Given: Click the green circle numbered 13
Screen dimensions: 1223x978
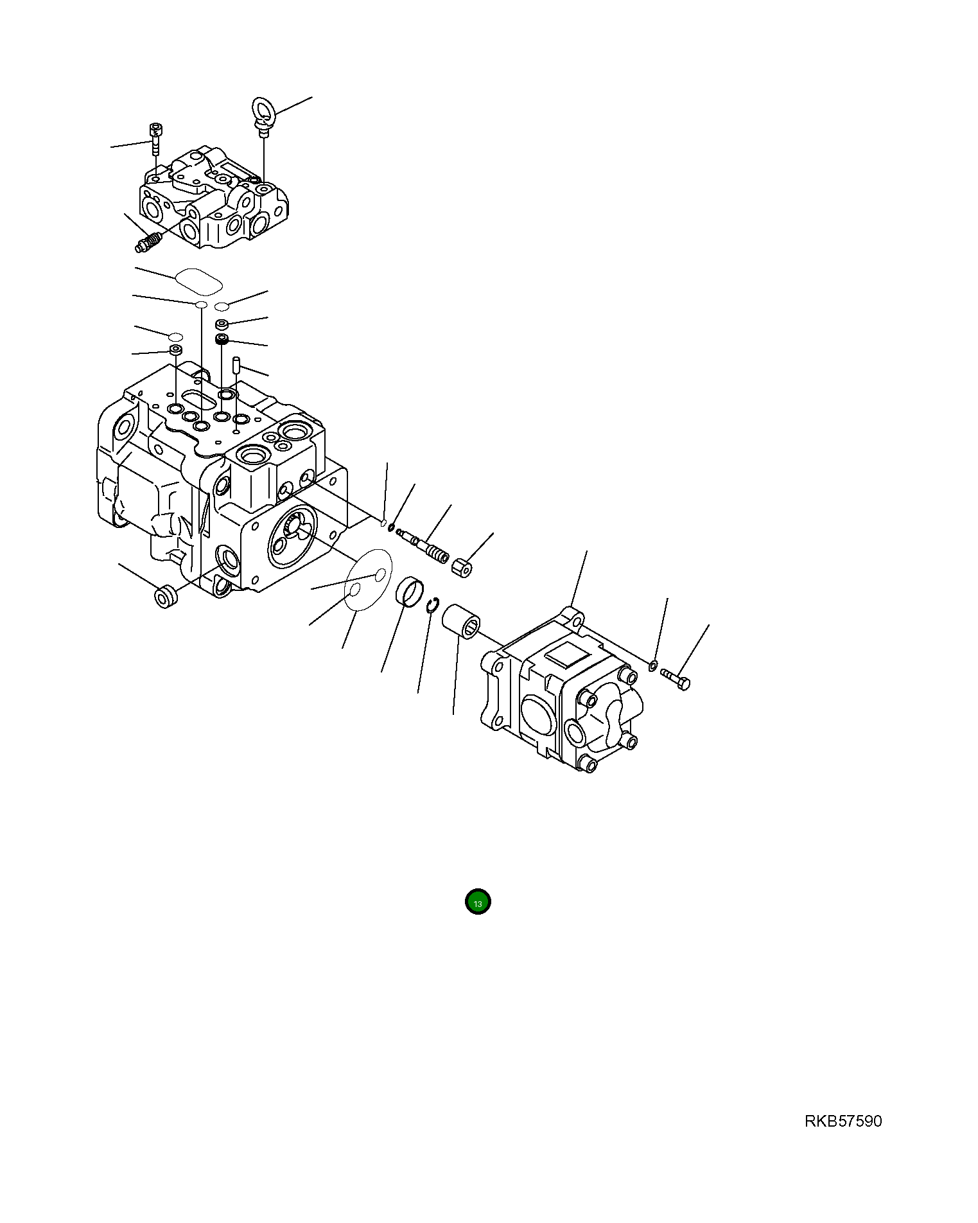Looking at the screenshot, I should point(478,902).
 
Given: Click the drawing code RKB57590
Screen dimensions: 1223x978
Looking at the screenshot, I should point(843,1122).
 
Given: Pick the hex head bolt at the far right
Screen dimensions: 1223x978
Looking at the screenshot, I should point(675,678).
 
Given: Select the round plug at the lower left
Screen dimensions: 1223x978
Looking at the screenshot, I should point(166,596).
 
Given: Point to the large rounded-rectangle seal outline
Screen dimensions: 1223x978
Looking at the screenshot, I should point(198,281).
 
